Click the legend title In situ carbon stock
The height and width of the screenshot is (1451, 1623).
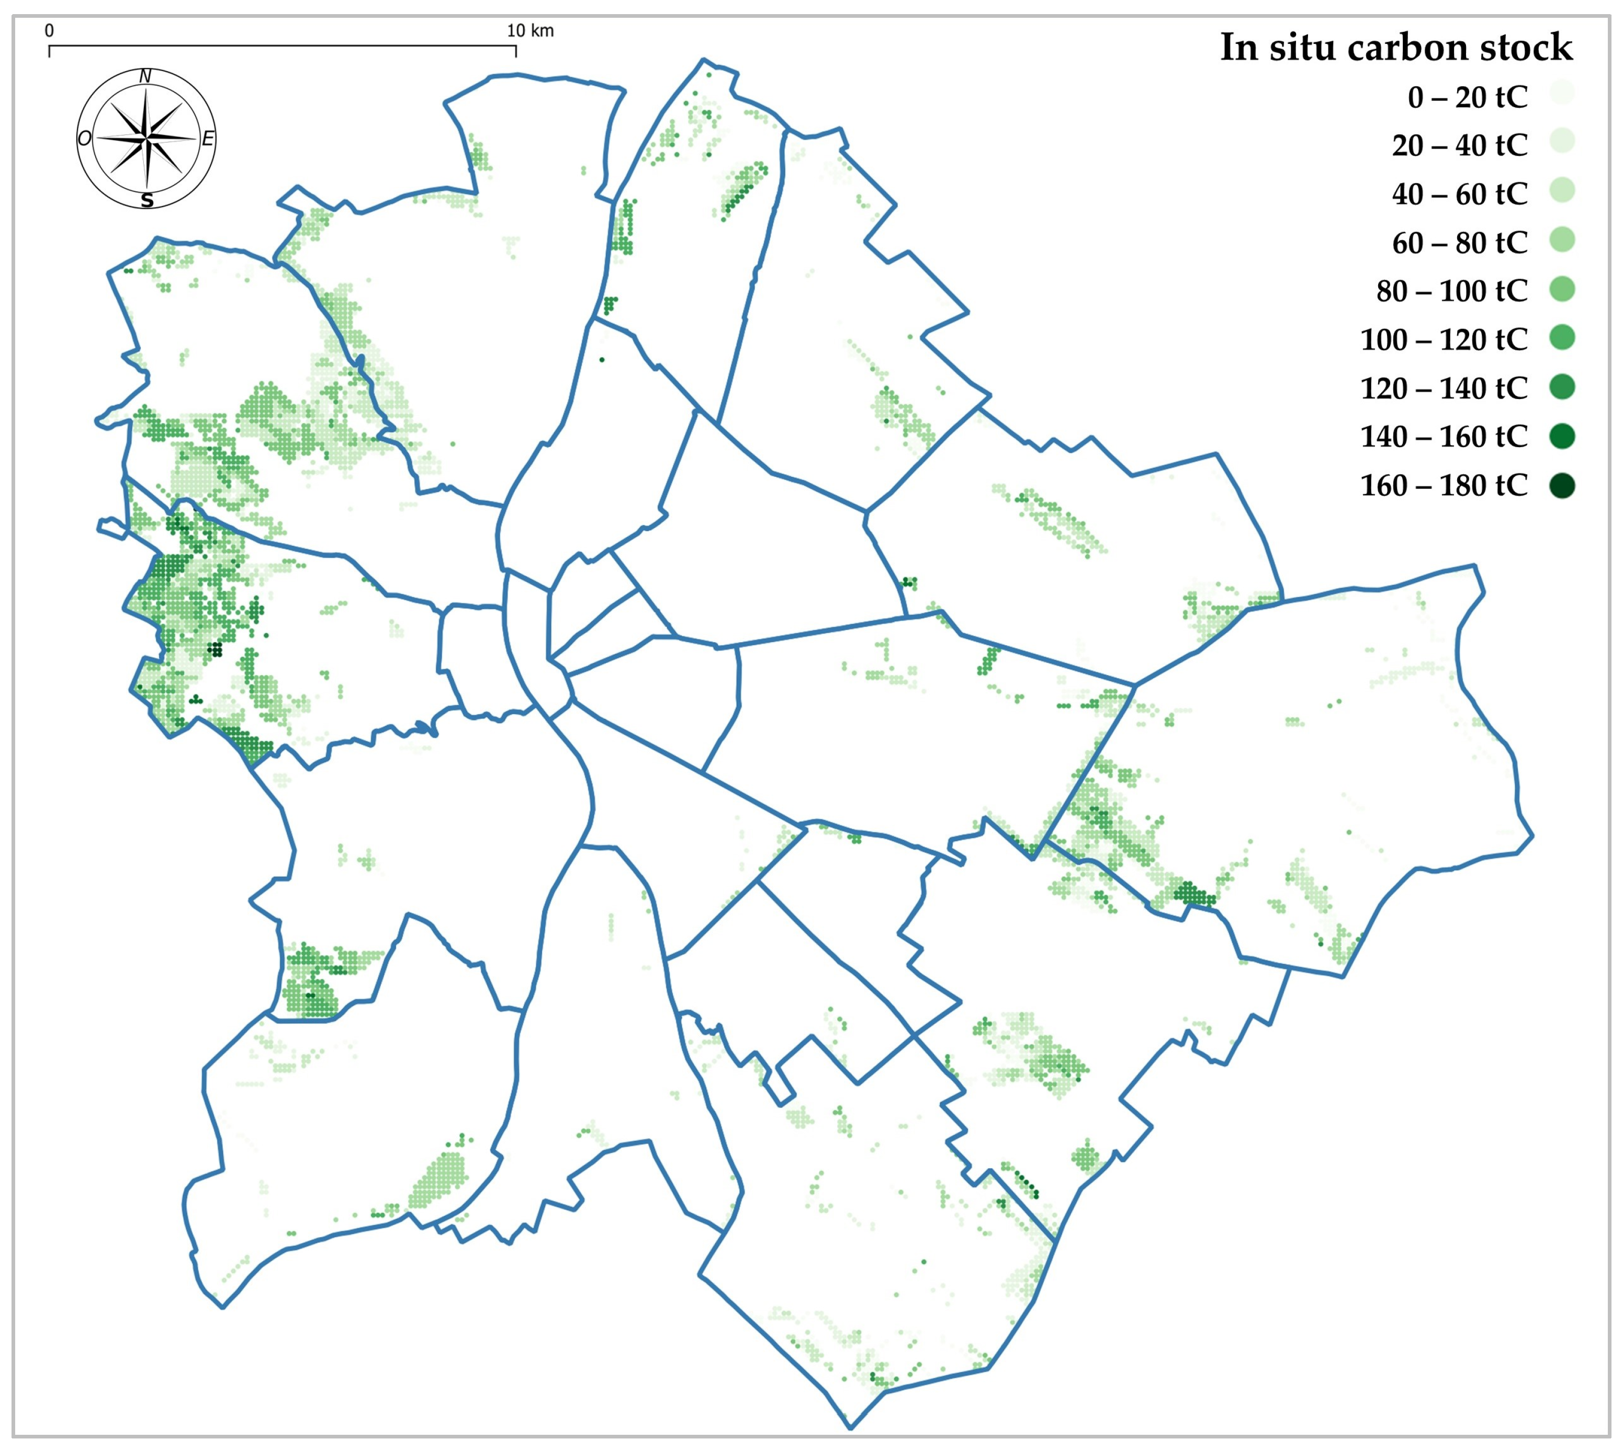(1396, 47)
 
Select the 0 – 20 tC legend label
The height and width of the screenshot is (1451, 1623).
(1468, 97)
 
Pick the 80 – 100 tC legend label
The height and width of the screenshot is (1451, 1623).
(1451, 291)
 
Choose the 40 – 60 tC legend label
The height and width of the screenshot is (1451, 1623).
(1460, 194)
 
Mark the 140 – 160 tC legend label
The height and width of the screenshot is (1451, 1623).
(1444, 437)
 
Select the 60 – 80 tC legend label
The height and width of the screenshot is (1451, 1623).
(1460, 243)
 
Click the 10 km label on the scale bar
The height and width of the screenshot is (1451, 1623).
(531, 31)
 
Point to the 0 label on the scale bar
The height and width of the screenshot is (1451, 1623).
(50, 31)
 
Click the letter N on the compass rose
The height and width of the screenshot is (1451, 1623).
(145, 76)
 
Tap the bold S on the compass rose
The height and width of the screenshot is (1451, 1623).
(146, 200)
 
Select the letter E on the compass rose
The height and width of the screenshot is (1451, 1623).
(207, 139)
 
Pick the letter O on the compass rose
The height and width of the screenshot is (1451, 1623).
(84, 139)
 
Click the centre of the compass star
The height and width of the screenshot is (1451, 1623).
(146, 138)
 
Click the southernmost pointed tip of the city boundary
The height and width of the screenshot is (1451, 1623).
(850, 1427)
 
